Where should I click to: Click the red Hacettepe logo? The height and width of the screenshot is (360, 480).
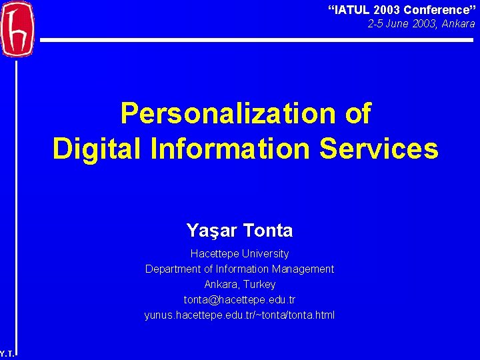click(16, 29)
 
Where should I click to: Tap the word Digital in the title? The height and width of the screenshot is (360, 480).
click(97, 148)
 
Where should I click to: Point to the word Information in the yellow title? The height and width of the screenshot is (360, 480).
click(231, 148)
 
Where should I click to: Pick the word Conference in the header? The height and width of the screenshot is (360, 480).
click(437, 10)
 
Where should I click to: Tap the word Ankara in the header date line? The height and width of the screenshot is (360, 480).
click(458, 24)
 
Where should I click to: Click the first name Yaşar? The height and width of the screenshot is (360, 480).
click(212, 231)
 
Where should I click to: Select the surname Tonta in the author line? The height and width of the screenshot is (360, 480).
click(268, 231)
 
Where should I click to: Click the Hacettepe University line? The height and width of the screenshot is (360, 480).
click(239, 254)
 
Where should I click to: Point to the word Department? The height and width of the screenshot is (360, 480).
click(177, 269)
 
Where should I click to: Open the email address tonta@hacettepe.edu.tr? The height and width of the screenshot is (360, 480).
click(239, 300)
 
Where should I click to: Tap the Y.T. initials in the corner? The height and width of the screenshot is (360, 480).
click(7, 354)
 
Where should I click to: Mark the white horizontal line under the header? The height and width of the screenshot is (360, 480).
click(257, 40)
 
